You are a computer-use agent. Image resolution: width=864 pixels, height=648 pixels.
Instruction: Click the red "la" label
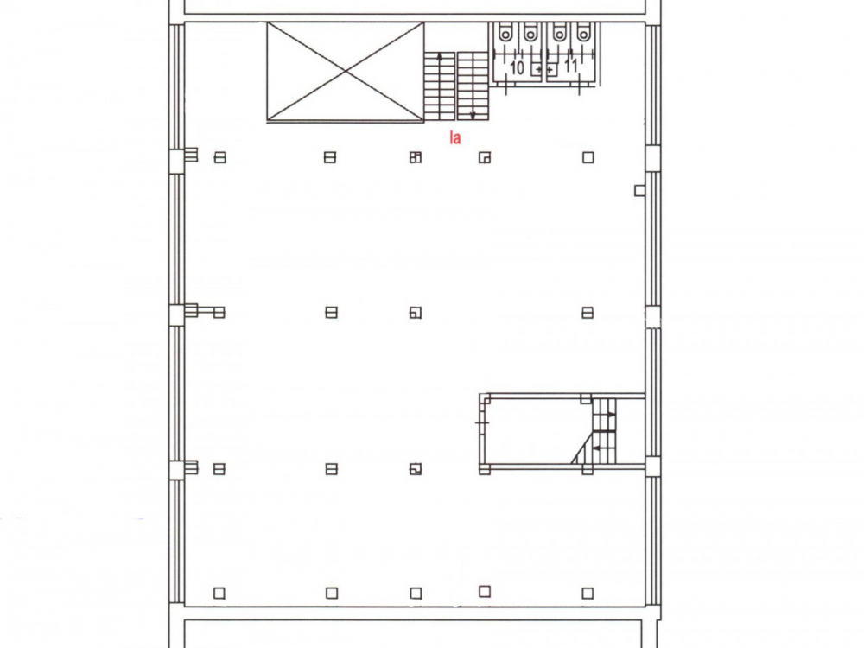click(454, 137)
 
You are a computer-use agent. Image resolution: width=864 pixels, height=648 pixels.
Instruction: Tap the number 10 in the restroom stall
click(517, 68)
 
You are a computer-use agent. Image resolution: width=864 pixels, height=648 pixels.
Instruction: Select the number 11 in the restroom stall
click(571, 66)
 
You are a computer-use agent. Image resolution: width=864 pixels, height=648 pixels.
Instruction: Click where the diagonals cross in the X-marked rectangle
click(346, 71)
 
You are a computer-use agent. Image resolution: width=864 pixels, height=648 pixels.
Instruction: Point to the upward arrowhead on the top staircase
click(439, 55)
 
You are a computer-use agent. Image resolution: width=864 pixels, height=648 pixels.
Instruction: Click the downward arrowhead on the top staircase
click(473, 116)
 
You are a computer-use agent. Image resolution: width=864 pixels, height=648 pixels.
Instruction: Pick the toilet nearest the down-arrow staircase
click(505, 34)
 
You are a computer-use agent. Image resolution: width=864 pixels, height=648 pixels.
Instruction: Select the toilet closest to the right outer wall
click(583, 34)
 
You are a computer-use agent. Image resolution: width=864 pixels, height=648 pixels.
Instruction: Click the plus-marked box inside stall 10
click(537, 70)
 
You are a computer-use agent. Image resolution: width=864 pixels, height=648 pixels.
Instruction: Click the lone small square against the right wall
click(639, 191)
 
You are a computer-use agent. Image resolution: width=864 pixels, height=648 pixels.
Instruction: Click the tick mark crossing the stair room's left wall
click(481, 422)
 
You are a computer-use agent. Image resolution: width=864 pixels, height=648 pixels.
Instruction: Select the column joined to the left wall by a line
click(219, 313)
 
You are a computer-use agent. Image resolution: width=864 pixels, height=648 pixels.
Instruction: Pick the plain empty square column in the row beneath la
click(588, 157)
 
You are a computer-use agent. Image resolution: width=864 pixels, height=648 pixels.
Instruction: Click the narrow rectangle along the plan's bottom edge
click(413, 633)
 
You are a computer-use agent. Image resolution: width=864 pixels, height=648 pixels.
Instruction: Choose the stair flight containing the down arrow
click(473, 86)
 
